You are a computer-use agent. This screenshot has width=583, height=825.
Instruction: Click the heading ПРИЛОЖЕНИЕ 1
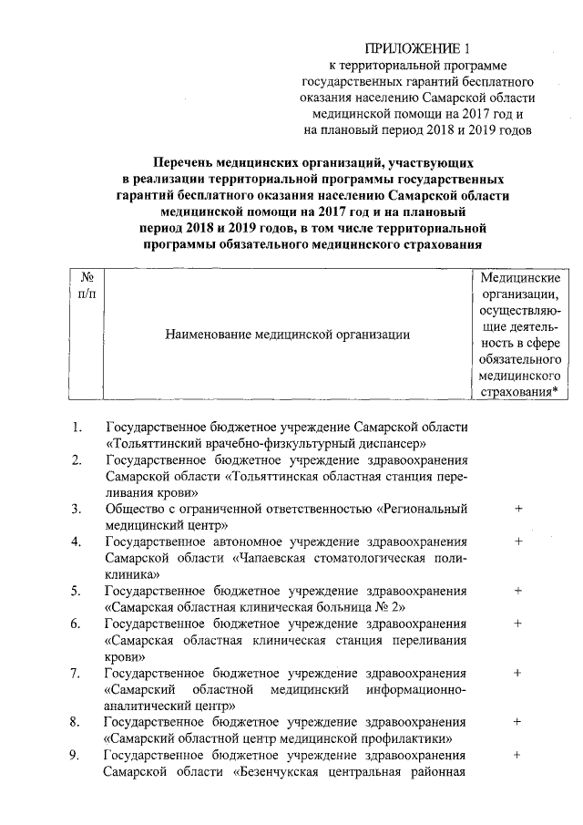[x=421, y=47]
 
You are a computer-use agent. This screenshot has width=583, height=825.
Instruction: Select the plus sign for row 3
[x=517, y=509]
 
